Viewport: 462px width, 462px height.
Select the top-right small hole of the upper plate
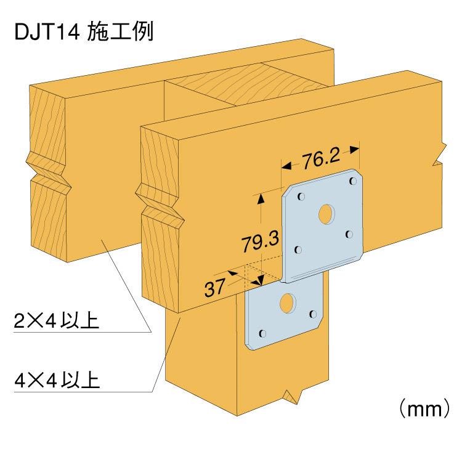click(x=352, y=182)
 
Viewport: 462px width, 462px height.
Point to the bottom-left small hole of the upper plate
click(x=299, y=249)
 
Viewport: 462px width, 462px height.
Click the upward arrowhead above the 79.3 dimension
click(x=261, y=198)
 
